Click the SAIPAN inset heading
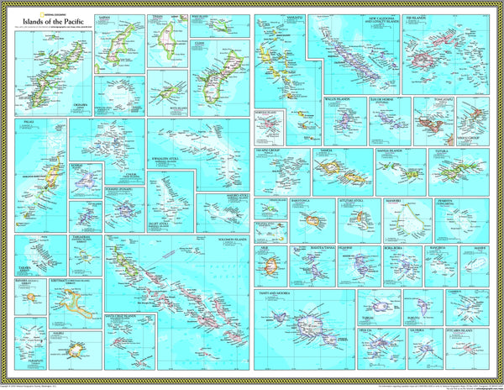(107, 15)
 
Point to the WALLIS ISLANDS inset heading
(338, 99)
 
